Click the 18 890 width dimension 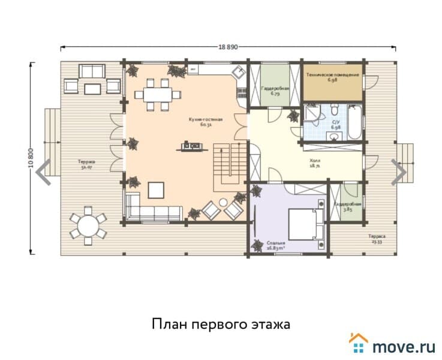tap(228, 46)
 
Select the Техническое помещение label tap(332, 77)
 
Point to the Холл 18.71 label tap(314, 164)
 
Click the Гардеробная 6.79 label tap(275, 91)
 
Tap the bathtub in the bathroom tap(354, 124)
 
